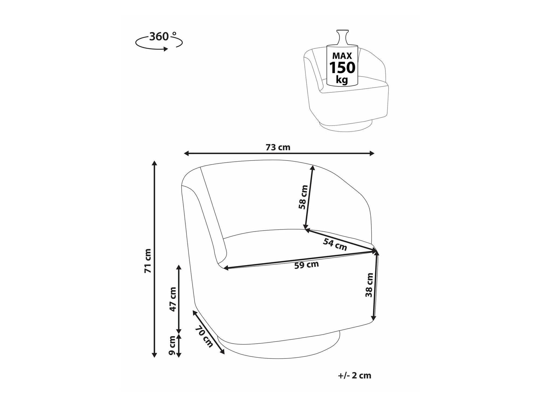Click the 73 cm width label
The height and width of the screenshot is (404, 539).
pyautogui.click(x=278, y=148)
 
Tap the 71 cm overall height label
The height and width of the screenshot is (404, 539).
pyautogui.click(x=148, y=260)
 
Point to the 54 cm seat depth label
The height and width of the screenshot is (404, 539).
pyautogui.click(x=335, y=245)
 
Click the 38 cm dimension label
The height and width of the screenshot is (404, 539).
pyautogui.click(x=369, y=285)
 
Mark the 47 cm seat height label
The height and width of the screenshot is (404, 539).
pyautogui.click(x=172, y=299)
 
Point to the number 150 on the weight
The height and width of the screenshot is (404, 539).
pyautogui.click(x=343, y=68)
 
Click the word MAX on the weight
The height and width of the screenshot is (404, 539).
pyautogui.click(x=342, y=56)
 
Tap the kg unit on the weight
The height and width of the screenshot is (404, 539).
pyautogui.click(x=342, y=80)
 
